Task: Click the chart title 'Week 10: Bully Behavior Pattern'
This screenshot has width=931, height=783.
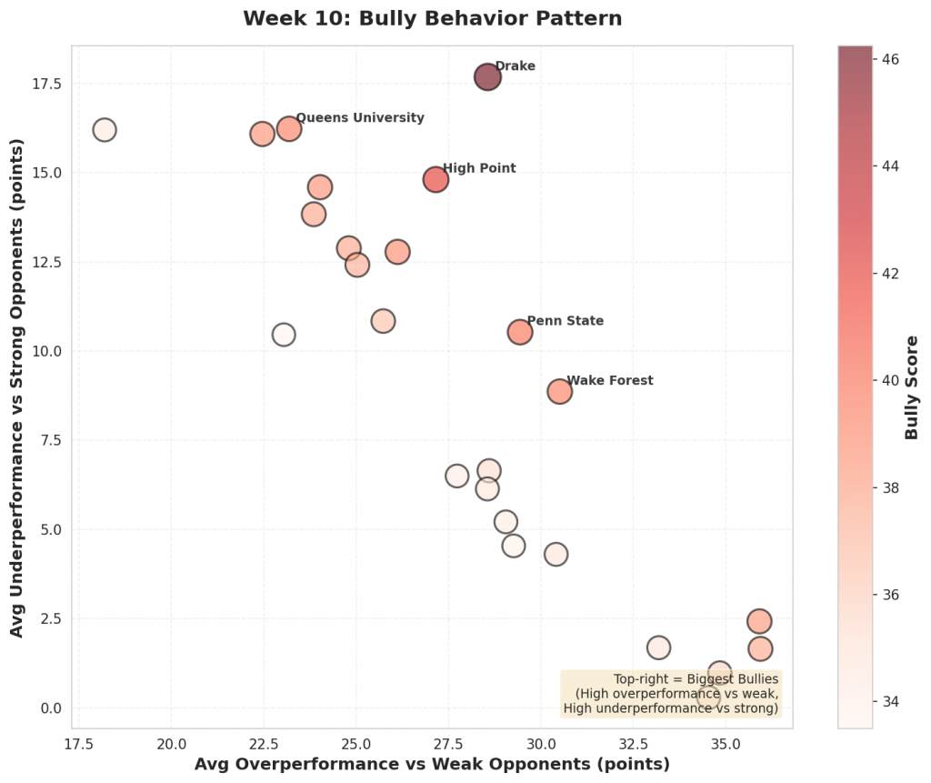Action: point(432,18)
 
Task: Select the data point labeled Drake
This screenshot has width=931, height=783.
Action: point(488,77)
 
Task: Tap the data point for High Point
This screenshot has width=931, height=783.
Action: point(435,179)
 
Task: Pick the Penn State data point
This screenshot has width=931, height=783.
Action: point(519,332)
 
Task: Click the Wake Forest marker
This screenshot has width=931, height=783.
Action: point(559,391)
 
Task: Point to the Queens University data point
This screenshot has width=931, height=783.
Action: point(289,128)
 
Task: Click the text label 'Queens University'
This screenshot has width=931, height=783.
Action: point(360,117)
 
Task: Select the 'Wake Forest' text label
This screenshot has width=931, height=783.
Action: point(609,381)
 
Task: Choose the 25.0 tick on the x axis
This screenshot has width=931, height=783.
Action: point(355,741)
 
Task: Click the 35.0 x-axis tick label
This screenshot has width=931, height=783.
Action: point(726,741)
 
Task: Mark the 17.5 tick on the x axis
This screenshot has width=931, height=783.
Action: point(78,741)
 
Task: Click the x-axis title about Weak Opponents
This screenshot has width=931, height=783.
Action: point(432,764)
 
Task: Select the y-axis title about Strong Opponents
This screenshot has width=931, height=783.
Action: point(16,386)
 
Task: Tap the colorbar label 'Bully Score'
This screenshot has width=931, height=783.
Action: point(912,386)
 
